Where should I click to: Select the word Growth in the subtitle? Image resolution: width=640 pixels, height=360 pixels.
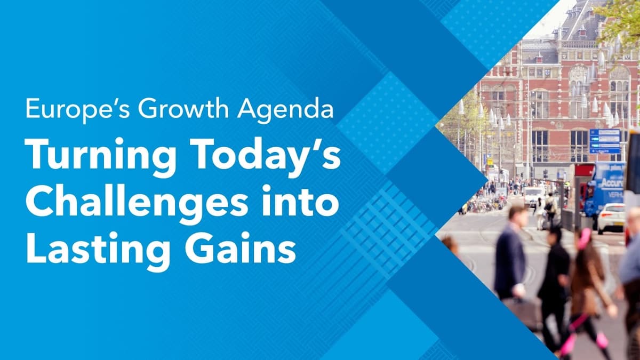pos(165,109)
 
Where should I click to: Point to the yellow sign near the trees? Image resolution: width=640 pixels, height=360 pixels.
pos(489,161)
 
